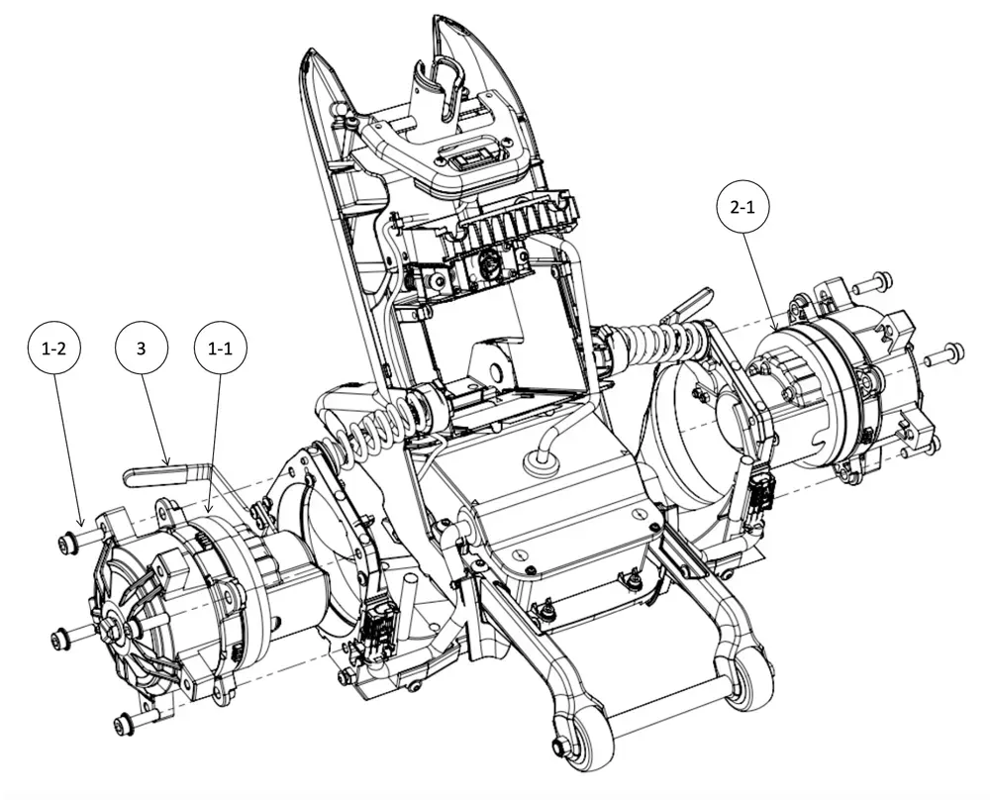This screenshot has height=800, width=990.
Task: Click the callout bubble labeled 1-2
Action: [x=53, y=349]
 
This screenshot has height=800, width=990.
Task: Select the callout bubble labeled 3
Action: [x=142, y=349]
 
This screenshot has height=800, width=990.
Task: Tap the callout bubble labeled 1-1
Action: [x=221, y=349]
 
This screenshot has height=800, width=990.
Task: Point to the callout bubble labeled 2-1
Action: [x=742, y=207]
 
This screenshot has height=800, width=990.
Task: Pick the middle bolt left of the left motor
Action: [x=72, y=636]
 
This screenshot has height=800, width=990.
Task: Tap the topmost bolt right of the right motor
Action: [x=873, y=283]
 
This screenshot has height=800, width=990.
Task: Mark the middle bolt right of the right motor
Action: [x=944, y=354]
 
